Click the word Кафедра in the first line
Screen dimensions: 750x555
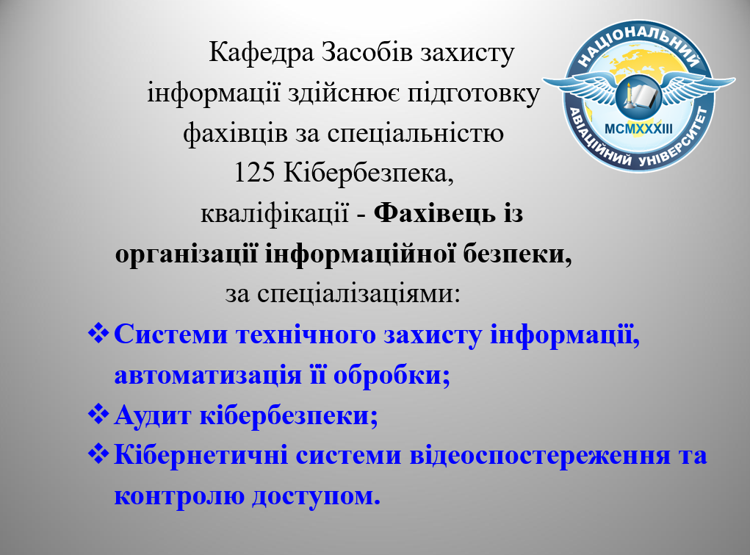[x=262, y=52]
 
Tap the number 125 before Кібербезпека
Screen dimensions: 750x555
[x=254, y=173]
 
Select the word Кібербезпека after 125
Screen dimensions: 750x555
[x=368, y=173]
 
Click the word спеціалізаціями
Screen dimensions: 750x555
[x=358, y=293]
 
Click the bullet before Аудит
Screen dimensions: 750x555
[x=98, y=414]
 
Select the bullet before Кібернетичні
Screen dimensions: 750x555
[x=98, y=454]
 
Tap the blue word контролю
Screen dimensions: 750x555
[x=179, y=495]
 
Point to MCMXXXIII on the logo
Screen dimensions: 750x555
[x=638, y=129]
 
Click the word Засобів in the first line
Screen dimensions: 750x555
[x=367, y=52]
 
